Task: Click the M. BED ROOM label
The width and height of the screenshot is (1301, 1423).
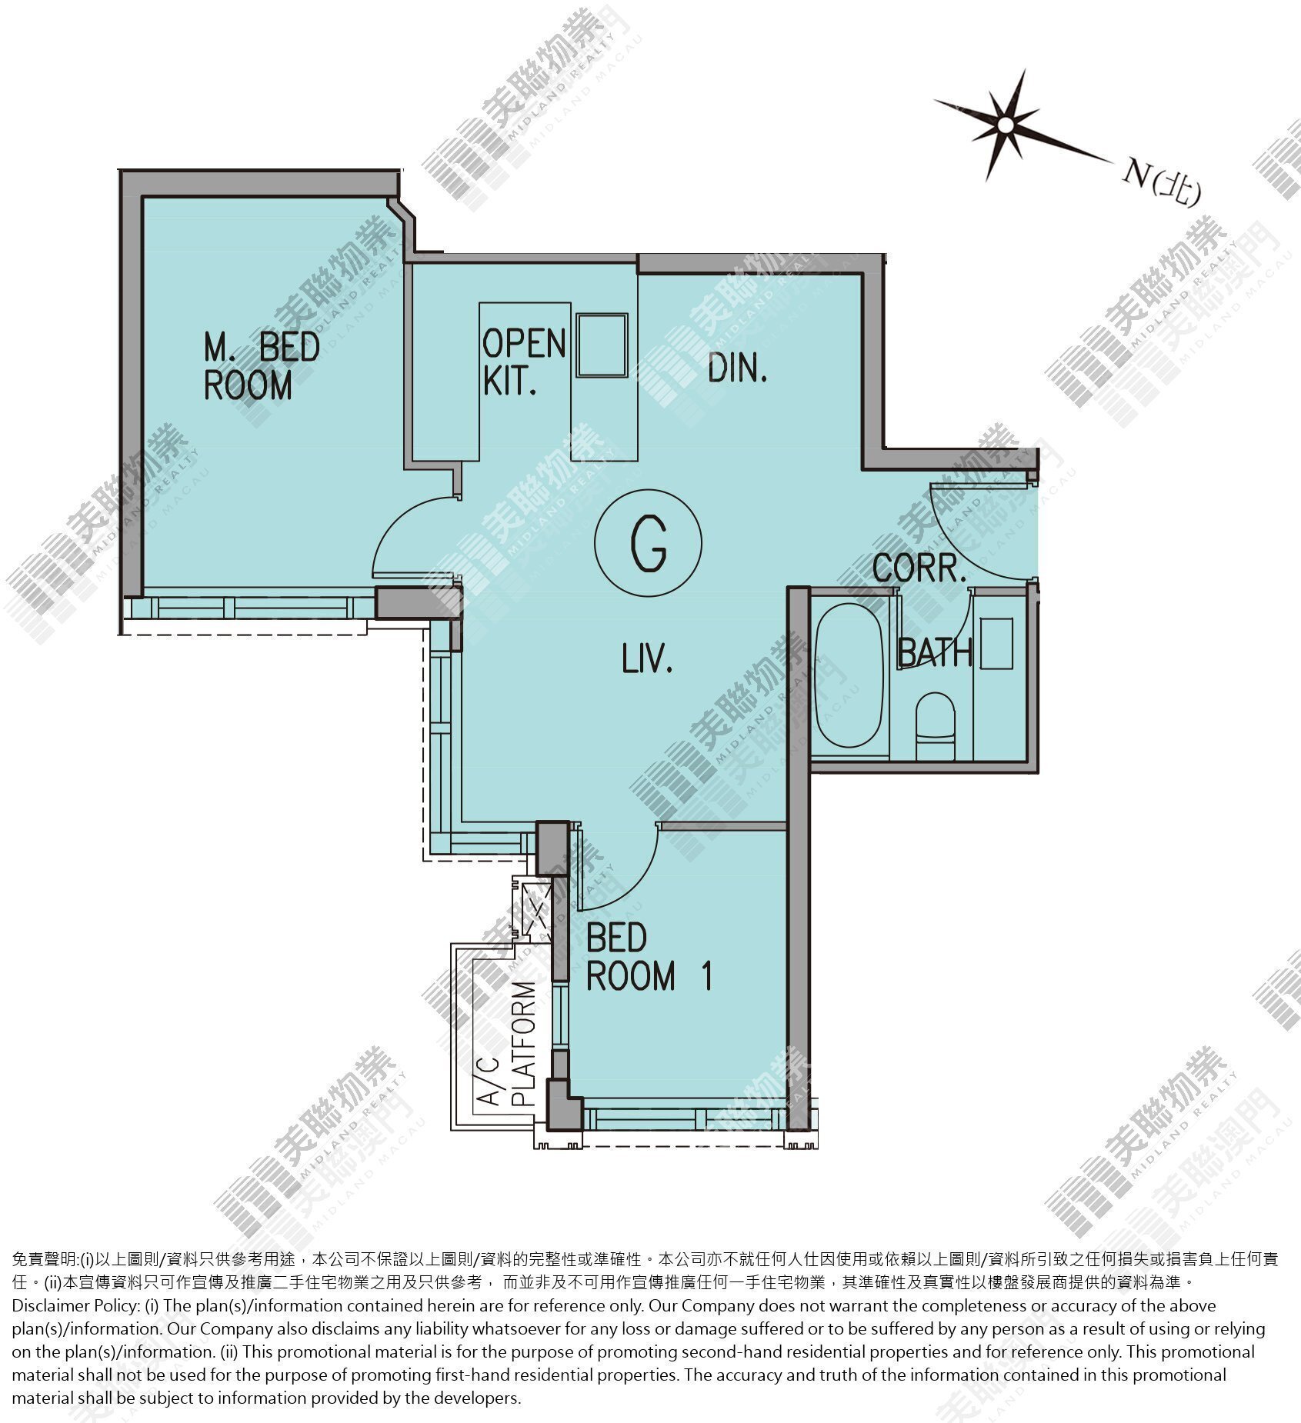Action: click(x=262, y=366)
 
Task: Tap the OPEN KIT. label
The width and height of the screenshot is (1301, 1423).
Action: click(x=524, y=362)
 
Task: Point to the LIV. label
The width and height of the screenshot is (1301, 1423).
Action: click(x=647, y=660)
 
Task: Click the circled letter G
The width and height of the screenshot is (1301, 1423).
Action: click(x=648, y=543)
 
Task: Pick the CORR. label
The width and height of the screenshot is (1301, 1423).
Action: click(x=919, y=568)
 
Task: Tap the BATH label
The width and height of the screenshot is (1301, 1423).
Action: click(x=935, y=652)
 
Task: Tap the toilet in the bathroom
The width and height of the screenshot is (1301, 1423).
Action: click(x=935, y=725)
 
